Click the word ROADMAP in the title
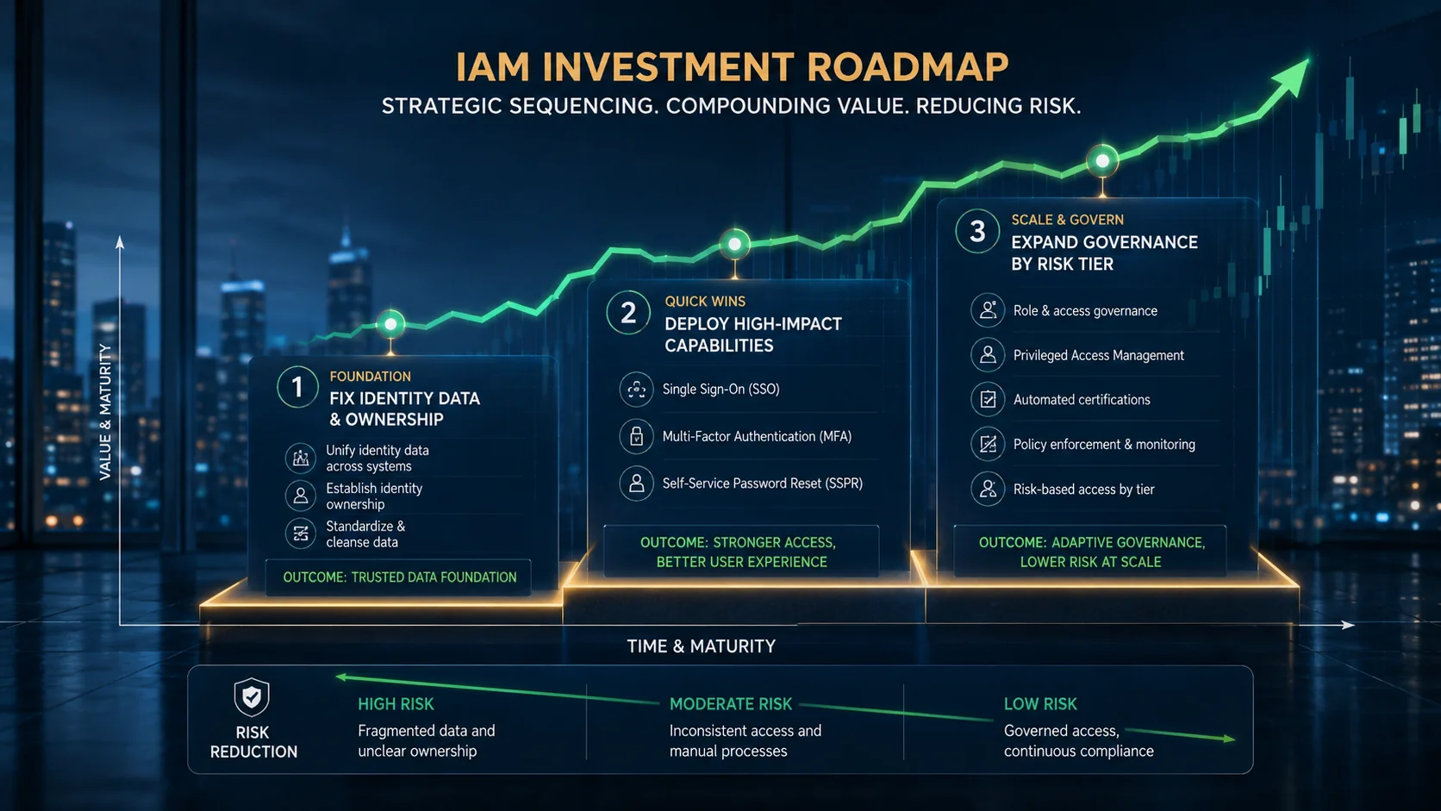[908, 67]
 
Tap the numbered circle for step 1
[297, 387]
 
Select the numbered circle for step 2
[628, 313]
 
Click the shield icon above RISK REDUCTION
[252, 697]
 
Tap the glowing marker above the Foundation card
[390, 324]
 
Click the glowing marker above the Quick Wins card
[734, 245]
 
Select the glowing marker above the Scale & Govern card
[1102, 161]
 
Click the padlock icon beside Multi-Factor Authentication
[636, 436]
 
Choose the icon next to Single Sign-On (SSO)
[636, 389]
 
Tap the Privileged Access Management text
[1098, 356]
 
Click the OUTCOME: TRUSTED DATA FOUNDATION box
[399, 577]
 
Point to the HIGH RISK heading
[396, 704]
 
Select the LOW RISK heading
[1040, 704]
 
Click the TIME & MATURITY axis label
[702, 646]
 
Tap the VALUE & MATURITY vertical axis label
[105, 412]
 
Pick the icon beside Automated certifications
[988, 399]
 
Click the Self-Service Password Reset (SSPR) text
[763, 483]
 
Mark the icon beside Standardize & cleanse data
[301, 533]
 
